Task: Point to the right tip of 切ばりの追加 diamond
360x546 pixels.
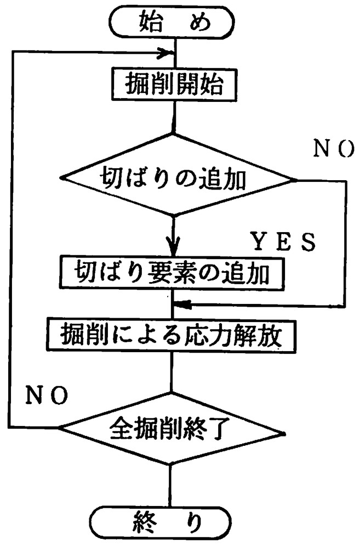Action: click(296, 180)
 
